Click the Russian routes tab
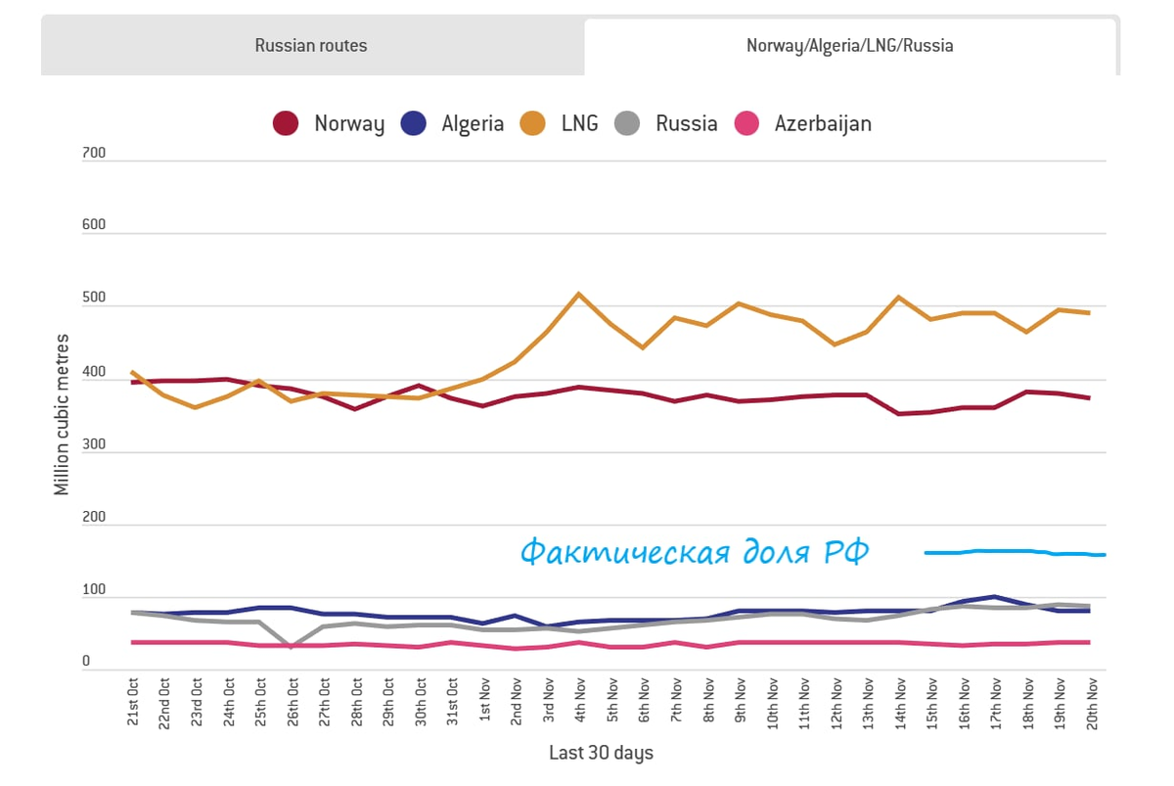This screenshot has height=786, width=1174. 311,46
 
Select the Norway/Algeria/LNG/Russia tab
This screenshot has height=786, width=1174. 849,46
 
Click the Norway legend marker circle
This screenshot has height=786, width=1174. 285,124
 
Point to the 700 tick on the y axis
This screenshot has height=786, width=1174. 93,154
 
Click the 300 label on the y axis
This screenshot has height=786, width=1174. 93,445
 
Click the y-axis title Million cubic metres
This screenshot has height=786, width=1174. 63,415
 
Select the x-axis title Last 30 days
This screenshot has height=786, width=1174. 601,753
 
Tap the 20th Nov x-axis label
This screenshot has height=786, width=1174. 1094,703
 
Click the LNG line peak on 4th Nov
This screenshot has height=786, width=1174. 579,294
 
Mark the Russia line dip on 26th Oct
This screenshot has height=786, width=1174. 292,646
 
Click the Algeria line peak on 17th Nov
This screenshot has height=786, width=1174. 995,596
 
